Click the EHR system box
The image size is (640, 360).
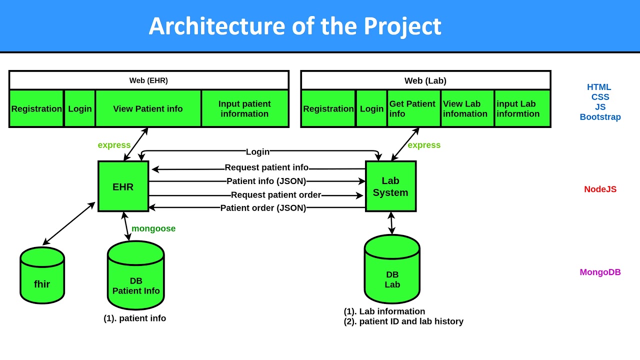tap(123, 186)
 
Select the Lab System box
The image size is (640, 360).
tap(390, 186)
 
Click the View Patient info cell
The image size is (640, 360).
tap(148, 108)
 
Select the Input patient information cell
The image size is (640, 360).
tap(244, 108)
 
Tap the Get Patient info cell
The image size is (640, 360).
tap(413, 108)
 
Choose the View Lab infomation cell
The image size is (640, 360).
tap(466, 108)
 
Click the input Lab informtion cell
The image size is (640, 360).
tap(521, 108)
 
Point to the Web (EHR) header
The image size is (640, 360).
tap(148, 80)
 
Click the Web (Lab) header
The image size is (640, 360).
tap(425, 80)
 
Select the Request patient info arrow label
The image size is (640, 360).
tap(266, 167)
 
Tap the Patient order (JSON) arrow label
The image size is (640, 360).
tap(263, 208)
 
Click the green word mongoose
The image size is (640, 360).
tap(153, 228)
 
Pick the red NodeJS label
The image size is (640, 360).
tap(600, 189)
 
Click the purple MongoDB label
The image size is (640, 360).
tap(600, 272)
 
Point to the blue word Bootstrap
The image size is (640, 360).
tap(600, 117)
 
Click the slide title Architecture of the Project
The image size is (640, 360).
tap(295, 26)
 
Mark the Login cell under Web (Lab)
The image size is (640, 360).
tap(371, 108)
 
